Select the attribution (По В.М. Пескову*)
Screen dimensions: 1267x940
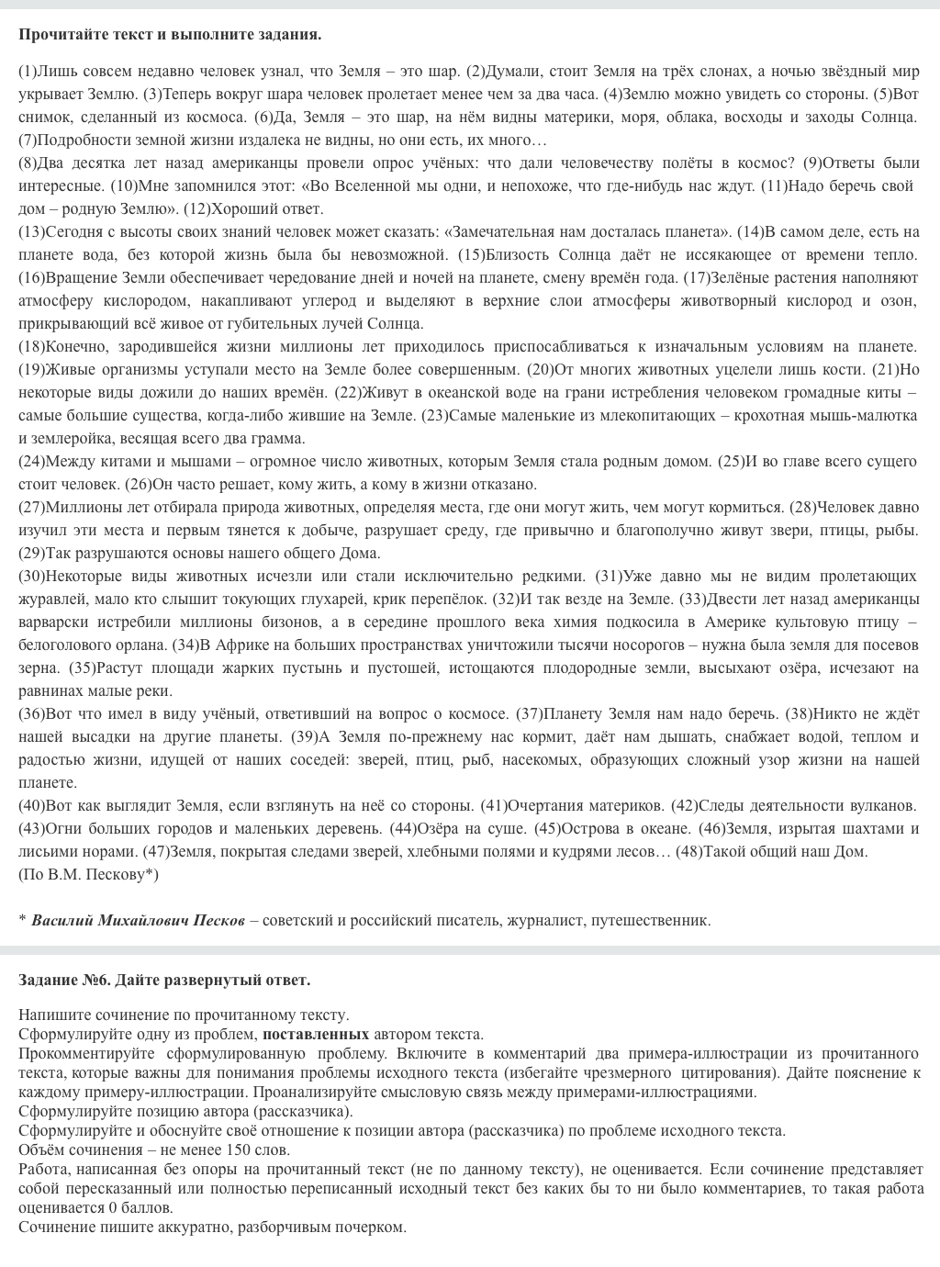(x=88, y=874)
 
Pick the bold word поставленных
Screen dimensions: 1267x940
(x=316, y=1034)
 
